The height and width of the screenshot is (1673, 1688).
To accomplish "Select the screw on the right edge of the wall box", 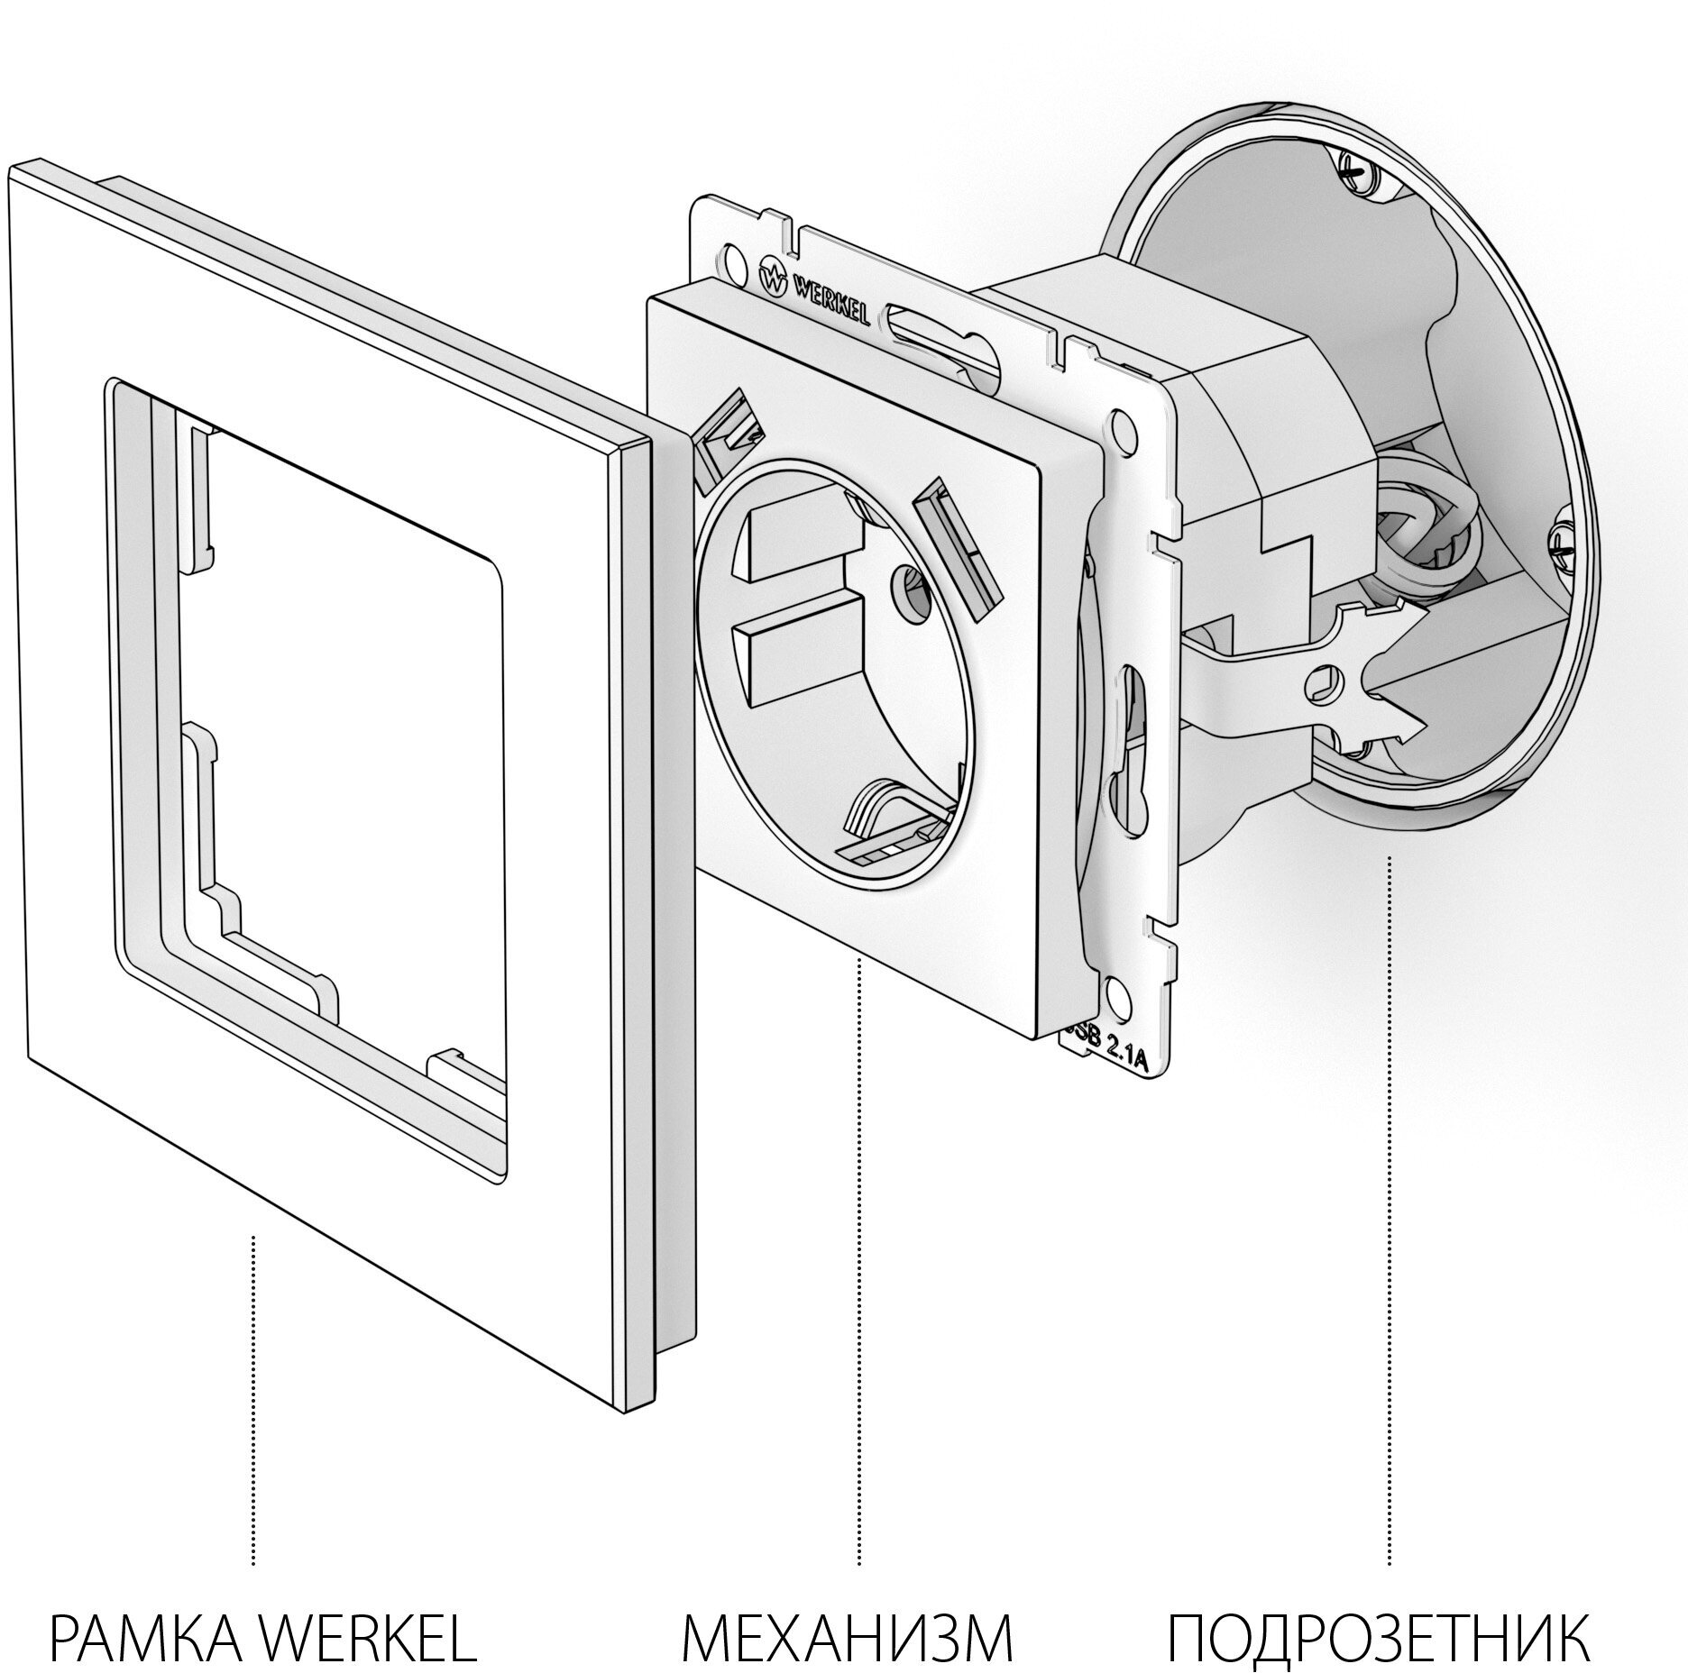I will pos(1563,543).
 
